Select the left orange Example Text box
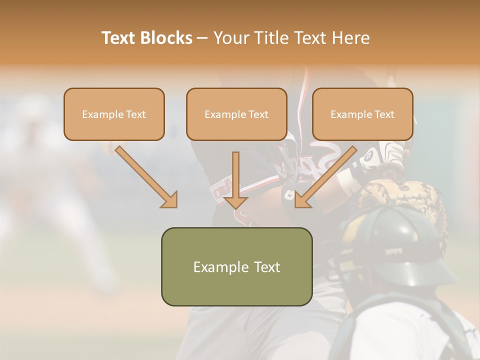tap(114, 114)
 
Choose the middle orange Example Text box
tap(236, 114)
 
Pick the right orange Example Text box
tap(362, 114)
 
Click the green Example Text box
tap(236, 266)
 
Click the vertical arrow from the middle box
tap(235, 180)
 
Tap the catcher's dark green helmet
tap(405, 245)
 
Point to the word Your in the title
tap(230, 38)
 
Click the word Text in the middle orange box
tap(258, 114)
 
